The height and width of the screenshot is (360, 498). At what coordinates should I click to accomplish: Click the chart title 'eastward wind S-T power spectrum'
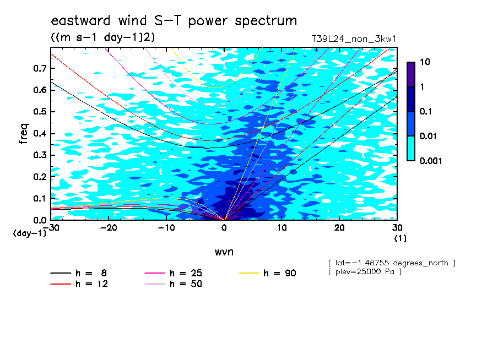click(174, 21)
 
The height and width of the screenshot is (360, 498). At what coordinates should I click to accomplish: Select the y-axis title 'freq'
click(24, 134)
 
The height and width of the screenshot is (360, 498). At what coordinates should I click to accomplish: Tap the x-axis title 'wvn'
click(224, 252)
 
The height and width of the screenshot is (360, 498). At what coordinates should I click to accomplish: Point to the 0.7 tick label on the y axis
click(40, 68)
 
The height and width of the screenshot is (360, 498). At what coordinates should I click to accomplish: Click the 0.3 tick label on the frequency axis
click(40, 155)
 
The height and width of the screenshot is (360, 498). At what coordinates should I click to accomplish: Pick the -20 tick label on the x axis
click(109, 228)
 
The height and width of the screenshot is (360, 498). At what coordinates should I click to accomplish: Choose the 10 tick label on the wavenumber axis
click(282, 228)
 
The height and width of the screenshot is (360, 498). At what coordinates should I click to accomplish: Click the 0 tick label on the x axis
click(224, 228)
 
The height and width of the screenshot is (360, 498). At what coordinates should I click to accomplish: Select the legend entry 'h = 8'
click(78, 273)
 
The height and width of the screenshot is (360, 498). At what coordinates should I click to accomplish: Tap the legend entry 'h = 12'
click(79, 283)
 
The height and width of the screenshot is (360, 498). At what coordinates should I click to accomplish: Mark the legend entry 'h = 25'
click(173, 273)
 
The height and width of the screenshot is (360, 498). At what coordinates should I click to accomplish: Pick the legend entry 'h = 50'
click(173, 283)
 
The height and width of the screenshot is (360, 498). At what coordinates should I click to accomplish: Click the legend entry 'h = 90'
click(267, 273)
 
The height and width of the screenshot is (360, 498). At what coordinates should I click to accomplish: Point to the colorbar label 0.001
click(431, 161)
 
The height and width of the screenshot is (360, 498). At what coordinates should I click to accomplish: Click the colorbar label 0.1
click(426, 111)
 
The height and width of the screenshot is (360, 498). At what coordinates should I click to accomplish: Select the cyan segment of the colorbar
click(411, 149)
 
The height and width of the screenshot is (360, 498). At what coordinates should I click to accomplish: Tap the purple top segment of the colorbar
click(411, 74)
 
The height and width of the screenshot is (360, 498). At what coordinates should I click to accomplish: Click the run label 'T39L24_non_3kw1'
click(354, 39)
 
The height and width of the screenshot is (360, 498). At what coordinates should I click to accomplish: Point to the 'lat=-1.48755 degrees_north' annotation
click(392, 263)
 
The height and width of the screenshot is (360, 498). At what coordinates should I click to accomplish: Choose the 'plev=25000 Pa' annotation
click(365, 272)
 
